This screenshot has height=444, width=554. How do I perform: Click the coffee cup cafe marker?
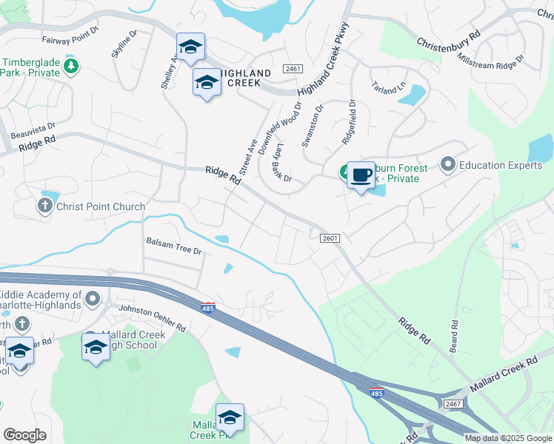[360, 176]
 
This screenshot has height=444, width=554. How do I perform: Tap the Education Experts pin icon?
[447, 164]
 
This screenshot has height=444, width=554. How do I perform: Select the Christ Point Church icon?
[47, 206]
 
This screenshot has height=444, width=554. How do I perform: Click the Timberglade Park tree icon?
[71, 67]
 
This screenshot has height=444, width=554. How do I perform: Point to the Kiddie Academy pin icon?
[92, 300]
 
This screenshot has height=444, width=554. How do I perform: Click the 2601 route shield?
[330, 238]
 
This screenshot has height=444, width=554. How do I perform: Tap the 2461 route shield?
[293, 69]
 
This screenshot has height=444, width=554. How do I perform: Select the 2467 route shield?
[453, 403]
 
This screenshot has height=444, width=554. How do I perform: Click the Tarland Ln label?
[389, 91]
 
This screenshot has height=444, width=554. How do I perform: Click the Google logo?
[24, 435]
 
